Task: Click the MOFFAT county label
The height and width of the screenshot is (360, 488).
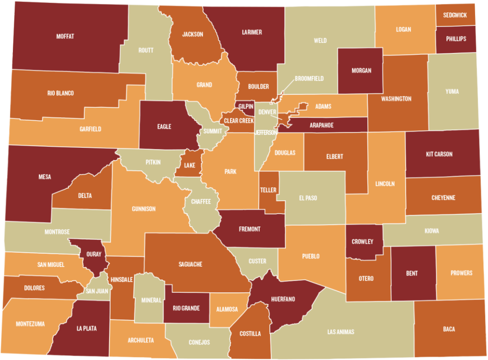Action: (x=65, y=36)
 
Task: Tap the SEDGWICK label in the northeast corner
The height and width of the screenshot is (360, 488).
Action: (x=455, y=15)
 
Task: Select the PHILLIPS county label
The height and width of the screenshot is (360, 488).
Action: (x=456, y=39)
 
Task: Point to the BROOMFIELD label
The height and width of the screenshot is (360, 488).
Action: (x=309, y=78)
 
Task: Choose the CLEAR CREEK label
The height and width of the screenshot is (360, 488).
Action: (x=239, y=121)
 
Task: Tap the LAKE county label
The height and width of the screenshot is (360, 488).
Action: (x=189, y=166)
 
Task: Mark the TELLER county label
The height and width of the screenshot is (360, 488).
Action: (x=268, y=190)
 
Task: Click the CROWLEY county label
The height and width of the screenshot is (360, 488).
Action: (x=363, y=241)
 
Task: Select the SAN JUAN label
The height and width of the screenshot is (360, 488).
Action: (x=97, y=290)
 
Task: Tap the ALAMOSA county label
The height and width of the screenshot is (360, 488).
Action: (x=227, y=309)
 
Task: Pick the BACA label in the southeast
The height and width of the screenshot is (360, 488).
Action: (x=448, y=329)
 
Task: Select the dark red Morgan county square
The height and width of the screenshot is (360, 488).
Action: (x=360, y=71)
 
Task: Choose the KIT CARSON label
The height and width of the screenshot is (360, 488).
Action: (x=439, y=154)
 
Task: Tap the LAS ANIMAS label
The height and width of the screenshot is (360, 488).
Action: (x=341, y=332)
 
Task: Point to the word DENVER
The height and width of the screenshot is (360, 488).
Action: (x=267, y=112)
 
